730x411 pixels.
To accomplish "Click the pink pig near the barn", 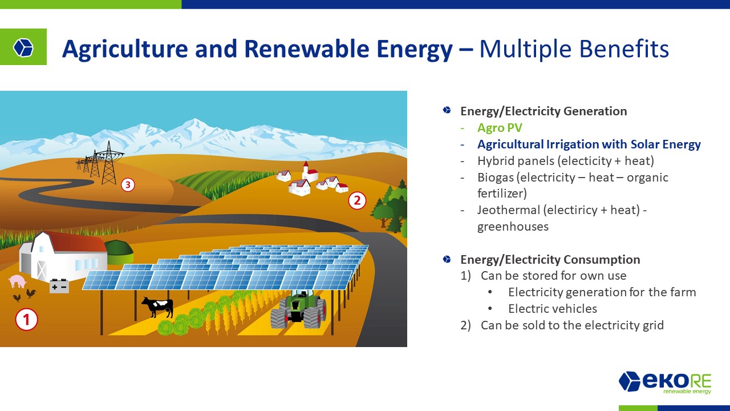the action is pyautogui.click(x=17, y=281).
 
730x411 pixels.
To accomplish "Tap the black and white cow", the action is pyautogui.click(x=158, y=307).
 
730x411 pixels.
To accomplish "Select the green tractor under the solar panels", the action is pyautogui.click(x=298, y=310).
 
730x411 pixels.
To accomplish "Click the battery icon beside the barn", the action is pyautogui.click(x=59, y=286).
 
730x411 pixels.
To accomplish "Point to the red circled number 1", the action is pyautogui.click(x=26, y=319).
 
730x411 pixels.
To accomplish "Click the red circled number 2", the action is pyautogui.click(x=357, y=200).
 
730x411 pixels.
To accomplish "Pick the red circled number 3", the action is pyautogui.click(x=128, y=185).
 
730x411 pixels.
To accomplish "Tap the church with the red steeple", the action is pyautogui.click(x=309, y=172).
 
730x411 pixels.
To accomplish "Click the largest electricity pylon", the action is pyautogui.click(x=108, y=163).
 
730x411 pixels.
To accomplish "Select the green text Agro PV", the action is pyautogui.click(x=500, y=127).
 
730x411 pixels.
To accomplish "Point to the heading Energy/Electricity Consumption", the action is pyautogui.click(x=550, y=259).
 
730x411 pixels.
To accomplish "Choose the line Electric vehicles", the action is pyautogui.click(x=553, y=308).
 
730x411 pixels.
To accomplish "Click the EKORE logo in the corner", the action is pyautogui.click(x=665, y=382).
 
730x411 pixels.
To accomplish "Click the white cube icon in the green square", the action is pyautogui.click(x=23, y=47).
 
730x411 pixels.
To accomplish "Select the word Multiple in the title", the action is pyautogui.click(x=525, y=49).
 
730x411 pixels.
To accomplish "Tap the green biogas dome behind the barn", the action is pyautogui.click(x=119, y=252).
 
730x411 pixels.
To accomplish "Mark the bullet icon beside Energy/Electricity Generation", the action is pyautogui.click(x=447, y=110).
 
